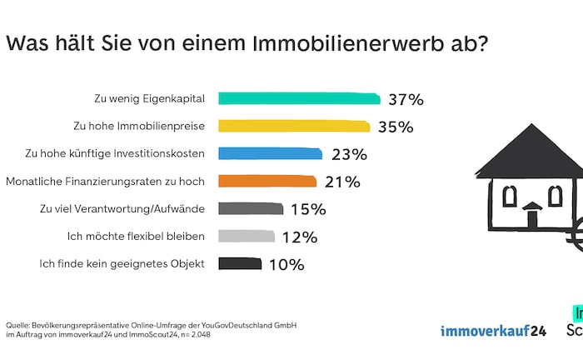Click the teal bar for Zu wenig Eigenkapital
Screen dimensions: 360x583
299,98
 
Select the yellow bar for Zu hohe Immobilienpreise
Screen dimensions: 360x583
294,126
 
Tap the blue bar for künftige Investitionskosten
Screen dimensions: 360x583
270,153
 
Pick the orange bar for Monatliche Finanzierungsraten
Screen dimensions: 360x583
267,181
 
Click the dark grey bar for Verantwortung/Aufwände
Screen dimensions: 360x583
250,208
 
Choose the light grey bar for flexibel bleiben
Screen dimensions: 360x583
246,236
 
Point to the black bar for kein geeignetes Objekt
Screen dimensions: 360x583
240,263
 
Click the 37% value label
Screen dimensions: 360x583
406,99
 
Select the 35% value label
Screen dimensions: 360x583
395,127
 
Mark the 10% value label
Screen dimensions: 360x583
287,264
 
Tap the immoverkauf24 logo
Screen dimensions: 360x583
493,330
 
